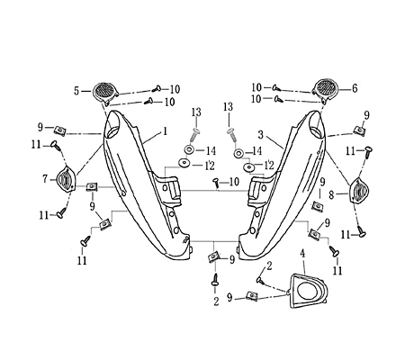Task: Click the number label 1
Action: [x=165, y=131]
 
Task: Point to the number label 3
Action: [x=261, y=132]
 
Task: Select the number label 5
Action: [x=76, y=90]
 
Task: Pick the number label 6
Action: [x=354, y=88]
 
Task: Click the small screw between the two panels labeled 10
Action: [x=216, y=182]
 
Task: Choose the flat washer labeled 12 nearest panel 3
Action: [x=240, y=166]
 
